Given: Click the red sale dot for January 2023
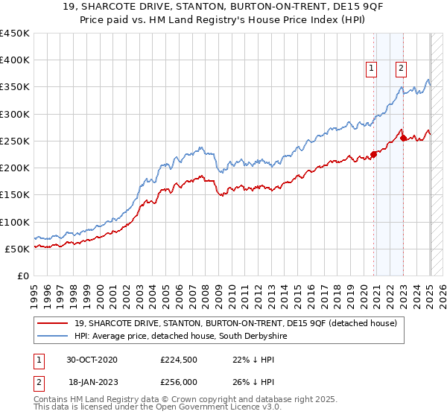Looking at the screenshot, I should click(x=403, y=138).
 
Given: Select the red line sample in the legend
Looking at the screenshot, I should click(x=52, y=323).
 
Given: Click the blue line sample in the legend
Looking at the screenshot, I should click(x=52, y=336).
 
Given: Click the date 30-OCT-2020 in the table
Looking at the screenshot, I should click(x=92, y=360).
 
